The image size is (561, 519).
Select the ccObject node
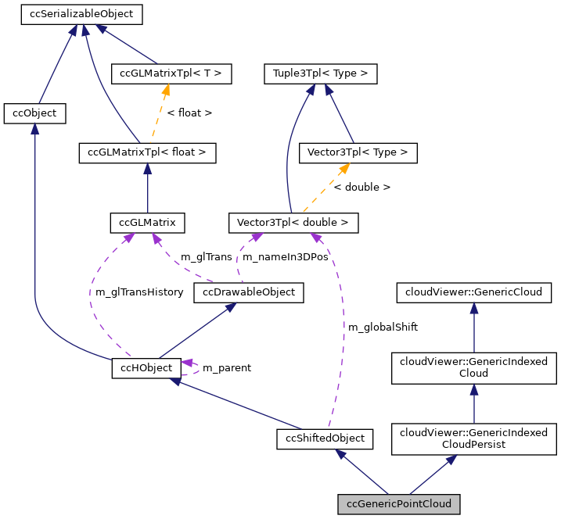(34, 113)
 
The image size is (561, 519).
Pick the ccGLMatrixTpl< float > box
(147, 152)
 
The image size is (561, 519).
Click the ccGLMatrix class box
(148, 223)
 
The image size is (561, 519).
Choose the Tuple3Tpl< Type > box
(321, 74)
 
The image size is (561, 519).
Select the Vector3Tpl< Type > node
(358, 152)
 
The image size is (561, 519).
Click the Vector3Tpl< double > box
(293, 223)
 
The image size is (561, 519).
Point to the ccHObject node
(147, 367)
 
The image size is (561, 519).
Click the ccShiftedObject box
(325, 438)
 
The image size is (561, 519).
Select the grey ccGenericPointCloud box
(398, 504)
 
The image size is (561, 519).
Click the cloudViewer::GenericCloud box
(473, 292)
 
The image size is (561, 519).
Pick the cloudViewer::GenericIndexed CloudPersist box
(473, 438)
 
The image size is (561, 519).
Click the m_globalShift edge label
(383, 328)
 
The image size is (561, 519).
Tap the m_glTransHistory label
(138, 292)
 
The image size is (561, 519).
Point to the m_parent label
(227, 367)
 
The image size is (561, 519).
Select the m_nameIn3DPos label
(285, 256)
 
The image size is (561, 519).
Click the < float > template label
(189, 113)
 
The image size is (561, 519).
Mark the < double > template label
(361, 188)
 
